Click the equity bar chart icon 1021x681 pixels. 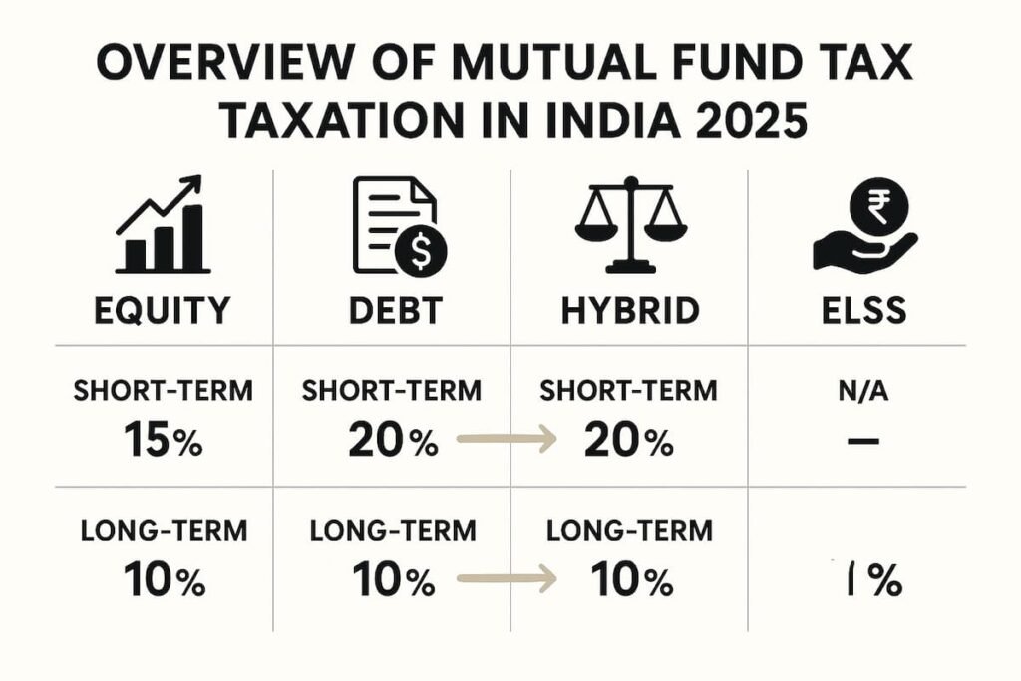pos(163,227)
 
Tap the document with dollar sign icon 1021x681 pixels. pos(399,227)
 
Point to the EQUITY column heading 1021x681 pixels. pos(162,311)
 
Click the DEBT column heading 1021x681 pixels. pos(397,311)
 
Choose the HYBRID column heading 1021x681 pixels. pos(629,311)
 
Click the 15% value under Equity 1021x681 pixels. pos(162,439)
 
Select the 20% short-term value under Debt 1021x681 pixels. pos(393,439)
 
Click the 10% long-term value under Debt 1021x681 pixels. pos(393,579)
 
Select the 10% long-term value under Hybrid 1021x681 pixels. pos(629,579)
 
